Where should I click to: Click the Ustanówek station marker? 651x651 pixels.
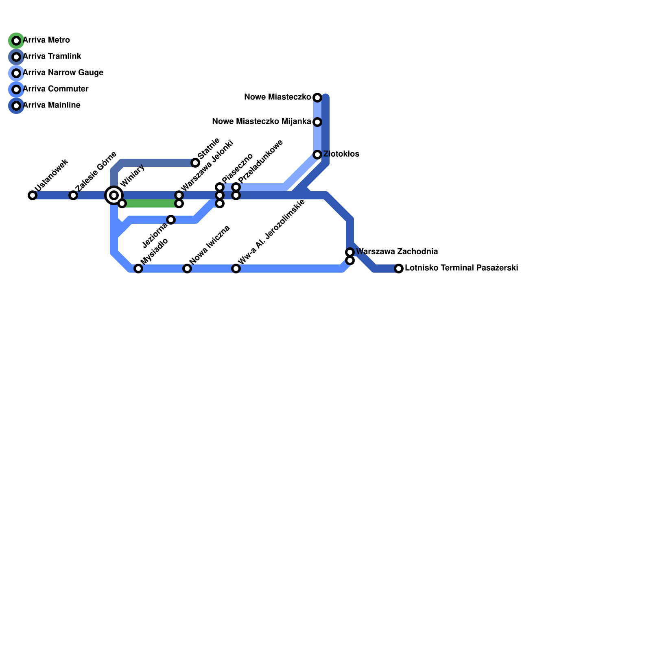click(33, 195)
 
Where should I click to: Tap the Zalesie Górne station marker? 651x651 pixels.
click(73, 195)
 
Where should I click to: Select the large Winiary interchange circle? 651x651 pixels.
click(114, 195)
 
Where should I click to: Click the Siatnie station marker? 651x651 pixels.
click(195, 163)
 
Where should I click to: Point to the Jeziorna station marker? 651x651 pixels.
click(171, 220)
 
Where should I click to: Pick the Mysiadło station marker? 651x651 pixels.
click(138, 269)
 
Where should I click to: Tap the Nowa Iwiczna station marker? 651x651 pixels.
click(187, 269)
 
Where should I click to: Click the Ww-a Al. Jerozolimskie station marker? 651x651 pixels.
click(236, 269)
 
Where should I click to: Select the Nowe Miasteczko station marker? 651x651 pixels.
click(317, 98)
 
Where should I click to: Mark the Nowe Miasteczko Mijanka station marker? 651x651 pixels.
click(317, 122)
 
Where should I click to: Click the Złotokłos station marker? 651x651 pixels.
click(317, 155)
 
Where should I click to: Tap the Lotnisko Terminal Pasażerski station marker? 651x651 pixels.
click(399, 269)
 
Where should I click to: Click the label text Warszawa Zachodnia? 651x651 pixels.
click(397, 252)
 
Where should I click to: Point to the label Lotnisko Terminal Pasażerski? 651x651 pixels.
click(461, 268)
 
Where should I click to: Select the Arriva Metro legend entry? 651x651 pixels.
click(46, 40)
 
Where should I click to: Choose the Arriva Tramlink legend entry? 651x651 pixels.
click(52, 57)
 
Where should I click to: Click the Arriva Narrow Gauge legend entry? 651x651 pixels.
click(63, 73)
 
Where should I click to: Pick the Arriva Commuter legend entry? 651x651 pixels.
click(55, 89)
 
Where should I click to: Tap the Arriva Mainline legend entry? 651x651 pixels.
click(51, 105)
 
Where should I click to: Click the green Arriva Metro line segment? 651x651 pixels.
click(151, 203)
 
